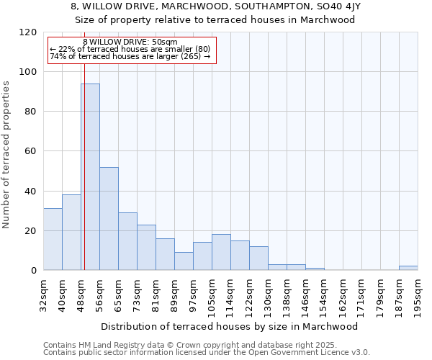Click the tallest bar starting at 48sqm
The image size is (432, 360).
90,177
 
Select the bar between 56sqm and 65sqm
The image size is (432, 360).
109,219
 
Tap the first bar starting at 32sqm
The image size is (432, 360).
53,239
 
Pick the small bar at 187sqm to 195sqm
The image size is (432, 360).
408,268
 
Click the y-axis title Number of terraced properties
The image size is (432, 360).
7,154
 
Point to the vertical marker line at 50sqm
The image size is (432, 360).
84,144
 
